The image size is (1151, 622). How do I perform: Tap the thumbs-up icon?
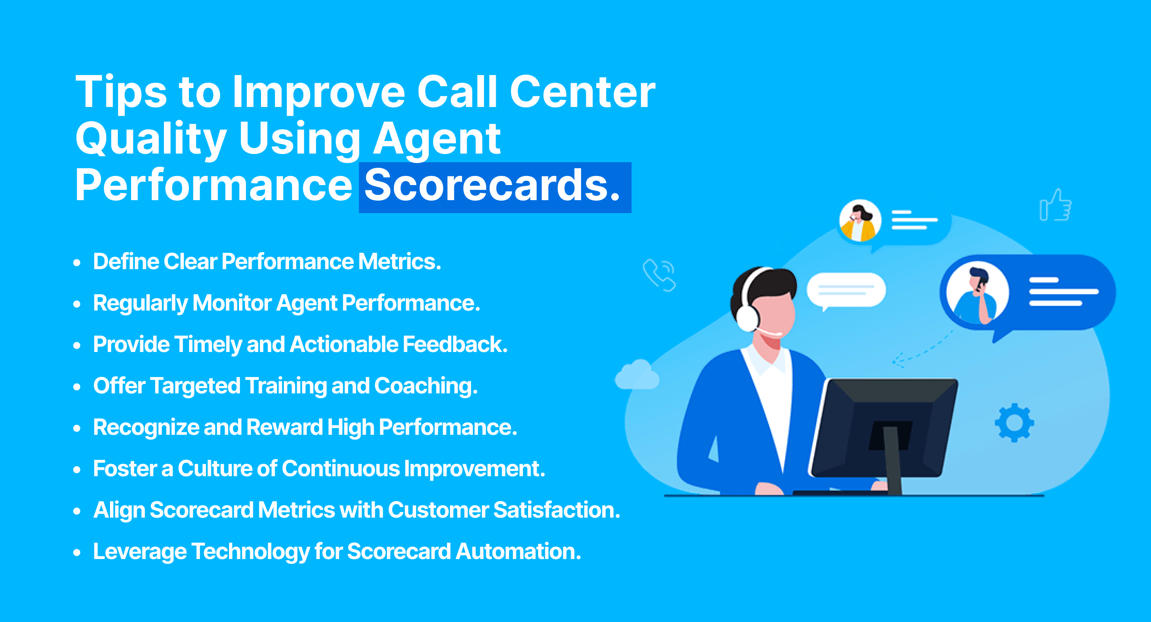1055,206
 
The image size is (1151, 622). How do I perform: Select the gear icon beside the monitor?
1014,423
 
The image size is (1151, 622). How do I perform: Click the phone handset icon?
659,275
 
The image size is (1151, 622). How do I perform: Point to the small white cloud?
637,375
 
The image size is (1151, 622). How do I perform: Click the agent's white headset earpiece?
747,316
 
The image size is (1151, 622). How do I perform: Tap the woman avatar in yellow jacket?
859,221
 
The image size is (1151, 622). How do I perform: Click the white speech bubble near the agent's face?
846,290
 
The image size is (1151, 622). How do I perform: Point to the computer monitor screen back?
883,429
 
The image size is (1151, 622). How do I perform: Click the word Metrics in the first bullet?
399,261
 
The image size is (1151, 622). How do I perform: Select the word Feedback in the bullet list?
455,345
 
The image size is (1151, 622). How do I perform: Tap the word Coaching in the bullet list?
426,386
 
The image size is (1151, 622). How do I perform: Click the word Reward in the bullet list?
284,427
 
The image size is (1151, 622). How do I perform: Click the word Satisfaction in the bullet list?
556,510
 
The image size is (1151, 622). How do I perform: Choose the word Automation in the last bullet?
518,551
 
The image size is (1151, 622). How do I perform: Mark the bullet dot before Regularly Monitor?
77,304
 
